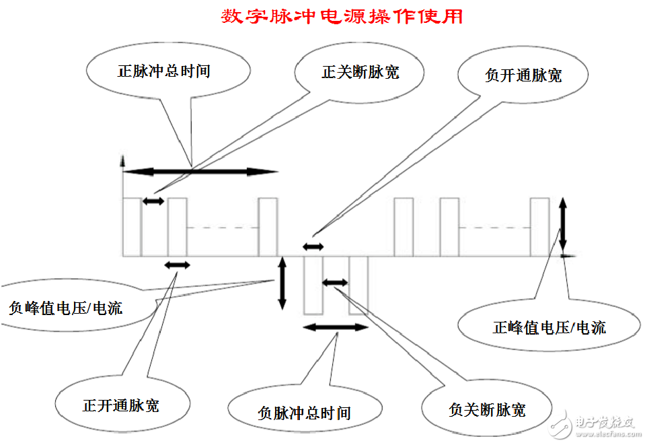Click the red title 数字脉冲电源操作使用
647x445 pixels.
click(x=342, y=16)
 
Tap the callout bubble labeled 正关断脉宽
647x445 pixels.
click(x=360, y=71)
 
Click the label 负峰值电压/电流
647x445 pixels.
click(x=65, y=309)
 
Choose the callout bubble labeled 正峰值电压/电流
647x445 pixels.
click(x=549, y=328)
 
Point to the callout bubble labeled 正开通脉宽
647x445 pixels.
click(x=121, y=406)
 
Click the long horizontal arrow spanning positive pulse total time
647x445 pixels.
click(x=200, y=172)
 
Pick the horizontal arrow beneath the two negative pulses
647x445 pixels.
click(x=336, y=327)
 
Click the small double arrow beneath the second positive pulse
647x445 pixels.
click(x=178, y=265)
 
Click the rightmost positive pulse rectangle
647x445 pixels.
click(x=539, y=227)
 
